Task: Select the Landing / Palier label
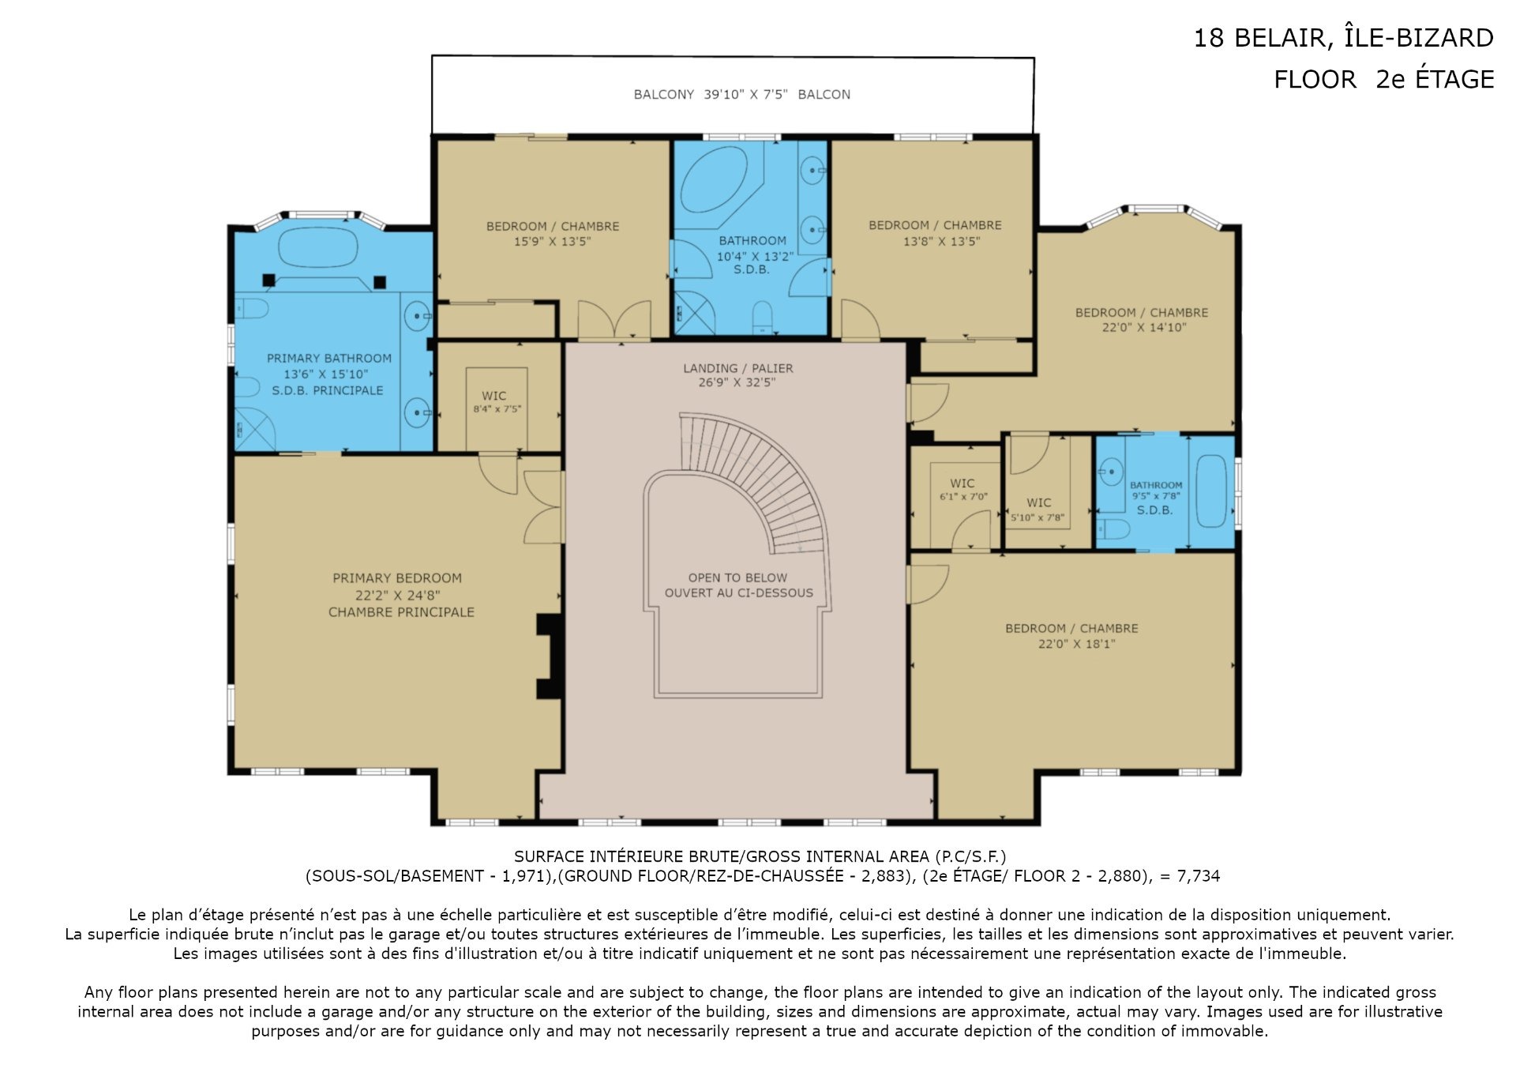point(738,368)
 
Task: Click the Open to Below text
point(737,577)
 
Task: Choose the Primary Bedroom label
point(397,578)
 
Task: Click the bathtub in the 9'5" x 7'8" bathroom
point(1211,491)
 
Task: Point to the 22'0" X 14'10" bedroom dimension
point(1143,328)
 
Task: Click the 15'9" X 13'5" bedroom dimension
point(552,242)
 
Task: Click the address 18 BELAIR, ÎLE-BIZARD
point(1343,38)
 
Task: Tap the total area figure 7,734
point(1199,876)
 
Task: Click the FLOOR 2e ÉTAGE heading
point(1383,79)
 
